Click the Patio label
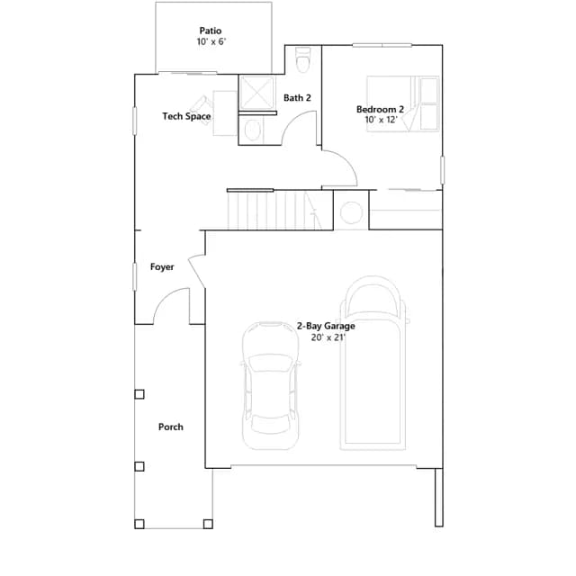[x=210, y=31]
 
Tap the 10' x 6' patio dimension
[x=211, y=41]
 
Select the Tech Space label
[x=186, y=116]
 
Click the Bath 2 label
[x=297, y=98]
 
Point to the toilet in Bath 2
[x=303, y=59]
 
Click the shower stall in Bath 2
[x=256, y=93]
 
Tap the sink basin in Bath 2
[x=253, y=130]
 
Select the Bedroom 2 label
[x=380, y=109]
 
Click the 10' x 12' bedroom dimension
[x=381, y=120]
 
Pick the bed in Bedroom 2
[x=403, y=103]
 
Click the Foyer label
[x=162, y=267]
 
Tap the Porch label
[x=171, y=427]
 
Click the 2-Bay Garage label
[x=326, y=326]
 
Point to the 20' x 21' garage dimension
[x=328, y=337]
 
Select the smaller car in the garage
[x=270, y=386]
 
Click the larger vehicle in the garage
[x=373, y=363]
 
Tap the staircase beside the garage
[x=274, y=211]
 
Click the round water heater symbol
[x=351, y=212]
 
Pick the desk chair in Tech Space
[x=202, y=109]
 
